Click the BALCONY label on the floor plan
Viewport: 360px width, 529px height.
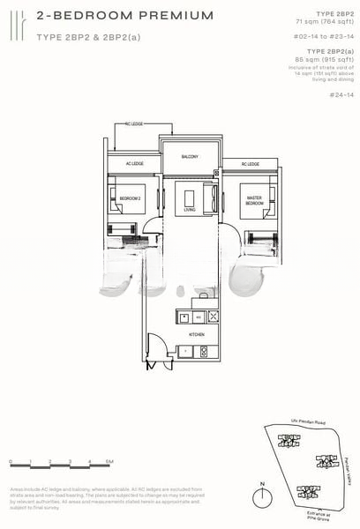[x=190, y=156]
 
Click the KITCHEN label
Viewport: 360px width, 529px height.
[x=197, y=335]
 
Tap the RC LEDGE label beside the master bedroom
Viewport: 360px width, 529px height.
[x=251, y=164]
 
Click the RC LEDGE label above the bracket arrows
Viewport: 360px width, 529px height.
[x=133, y=124]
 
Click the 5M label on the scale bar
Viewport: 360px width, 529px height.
[x=108, y=461]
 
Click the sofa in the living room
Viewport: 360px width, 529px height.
[x=208, y=198]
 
